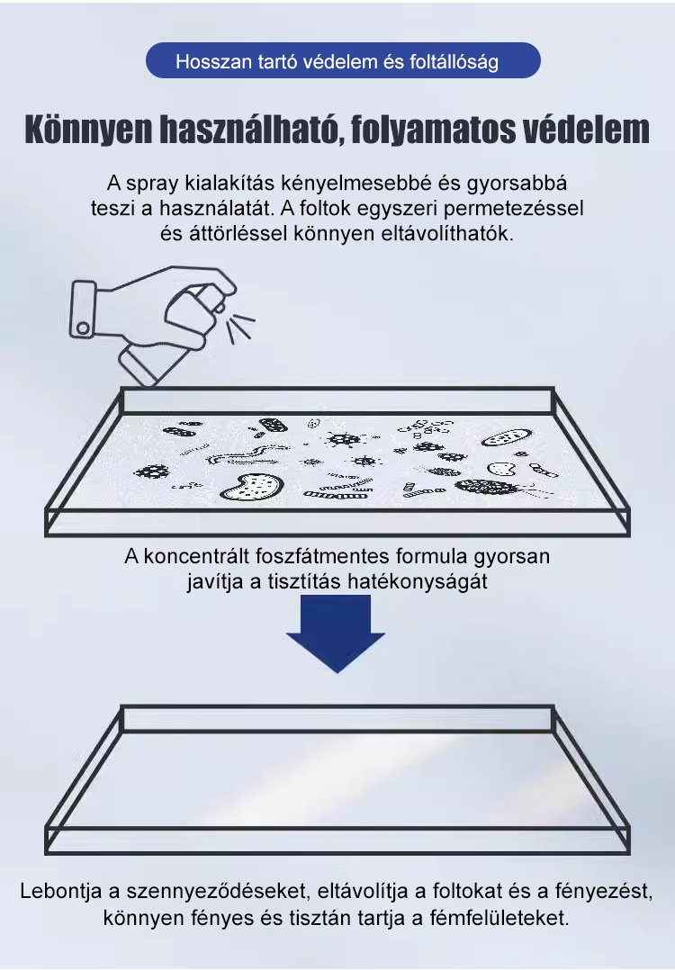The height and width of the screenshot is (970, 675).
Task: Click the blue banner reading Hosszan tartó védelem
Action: tap(343, 60)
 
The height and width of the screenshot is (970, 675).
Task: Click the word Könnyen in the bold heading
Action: tap(89, 130)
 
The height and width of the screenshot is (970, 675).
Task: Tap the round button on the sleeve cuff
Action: tap(82, 327)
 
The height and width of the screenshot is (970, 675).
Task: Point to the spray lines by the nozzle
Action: tap(240, 326)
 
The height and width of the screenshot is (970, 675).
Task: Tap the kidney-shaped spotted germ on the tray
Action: tap(252, 487)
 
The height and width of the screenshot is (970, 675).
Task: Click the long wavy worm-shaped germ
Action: tap(247, 455)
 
